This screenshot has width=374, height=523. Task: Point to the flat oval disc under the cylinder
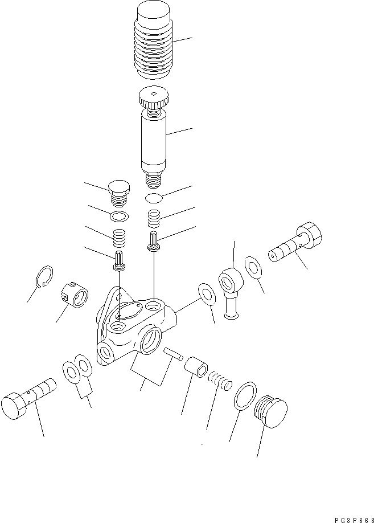(154, 198)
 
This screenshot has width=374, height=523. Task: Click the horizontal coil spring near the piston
(219, 380)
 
